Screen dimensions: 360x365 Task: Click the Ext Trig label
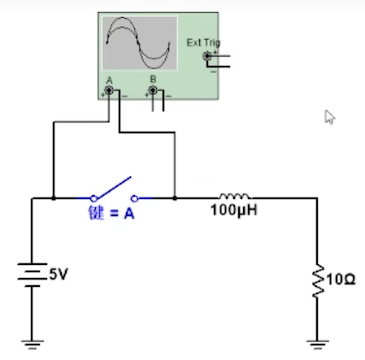click(203, 42)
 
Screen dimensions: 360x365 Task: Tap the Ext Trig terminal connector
click(208, 56)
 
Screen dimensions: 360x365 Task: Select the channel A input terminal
click(110, 90)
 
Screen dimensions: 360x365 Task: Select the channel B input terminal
click(153, 90)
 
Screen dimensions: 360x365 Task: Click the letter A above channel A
click(109, 80)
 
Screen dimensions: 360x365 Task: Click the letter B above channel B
click(153, 80)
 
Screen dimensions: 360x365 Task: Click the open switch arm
click(114, 188)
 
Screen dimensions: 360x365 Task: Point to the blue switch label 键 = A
click(111, 215)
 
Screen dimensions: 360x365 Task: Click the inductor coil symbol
click(235, 195)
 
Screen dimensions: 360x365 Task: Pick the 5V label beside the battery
click(58, 274)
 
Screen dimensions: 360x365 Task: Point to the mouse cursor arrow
click(329, 116)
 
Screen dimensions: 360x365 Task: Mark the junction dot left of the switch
click(54, 197)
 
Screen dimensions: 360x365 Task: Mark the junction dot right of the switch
click(174, 197)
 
